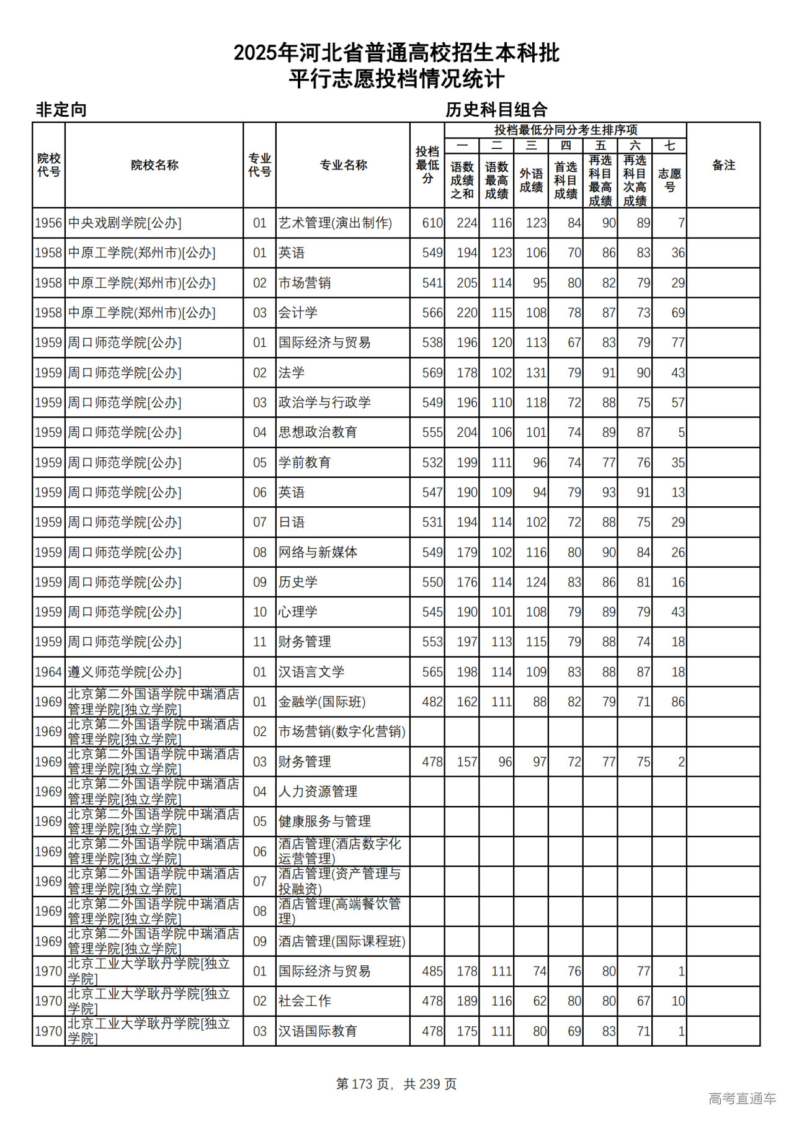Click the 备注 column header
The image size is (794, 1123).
723,165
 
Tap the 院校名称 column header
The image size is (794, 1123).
154,165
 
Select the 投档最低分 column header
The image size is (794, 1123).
427,165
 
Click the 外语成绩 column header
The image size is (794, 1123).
532,180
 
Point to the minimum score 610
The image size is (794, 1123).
432,223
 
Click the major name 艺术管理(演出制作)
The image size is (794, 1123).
335,223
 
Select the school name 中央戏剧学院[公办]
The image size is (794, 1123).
125,223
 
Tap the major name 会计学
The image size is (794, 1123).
298,313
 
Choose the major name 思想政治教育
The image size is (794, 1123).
318,432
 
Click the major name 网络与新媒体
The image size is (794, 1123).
318,552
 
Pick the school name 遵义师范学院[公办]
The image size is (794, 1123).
125,672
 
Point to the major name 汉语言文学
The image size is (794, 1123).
311,672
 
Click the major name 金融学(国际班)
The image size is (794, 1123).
322,702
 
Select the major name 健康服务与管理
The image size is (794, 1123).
324,821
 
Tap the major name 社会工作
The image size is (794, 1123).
305,1001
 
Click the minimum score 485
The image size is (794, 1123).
432,971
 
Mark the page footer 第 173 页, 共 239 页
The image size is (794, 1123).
396,1084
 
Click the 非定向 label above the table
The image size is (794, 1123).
61,110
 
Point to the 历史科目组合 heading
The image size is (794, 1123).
496,110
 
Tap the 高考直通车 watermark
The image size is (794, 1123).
742,1099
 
